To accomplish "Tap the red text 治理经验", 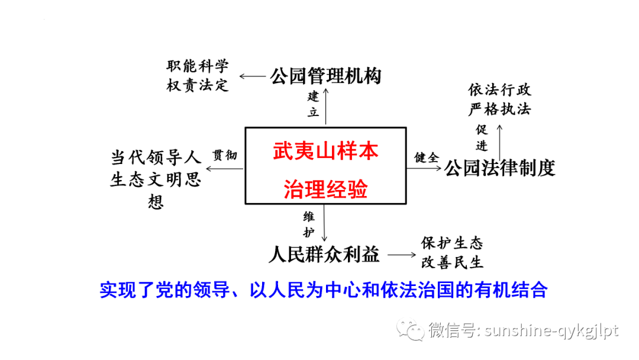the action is (x=325, y=189).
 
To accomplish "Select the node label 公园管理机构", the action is (x=325, y=76).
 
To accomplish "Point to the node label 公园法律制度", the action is (x=500, y=168).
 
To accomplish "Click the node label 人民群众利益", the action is (x=324, y=255).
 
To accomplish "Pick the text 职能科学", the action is (x=198, y=66).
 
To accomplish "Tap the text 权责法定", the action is (x=198, y=85).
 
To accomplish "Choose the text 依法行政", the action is (x=500, y=90).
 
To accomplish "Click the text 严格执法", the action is (x=500, y=110).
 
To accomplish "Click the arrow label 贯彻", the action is (x=225, y=156).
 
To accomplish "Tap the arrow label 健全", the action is (x=426, y=157).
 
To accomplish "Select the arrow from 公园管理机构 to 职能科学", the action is (x=253, y=76).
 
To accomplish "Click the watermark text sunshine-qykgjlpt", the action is (x=551, y=330).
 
